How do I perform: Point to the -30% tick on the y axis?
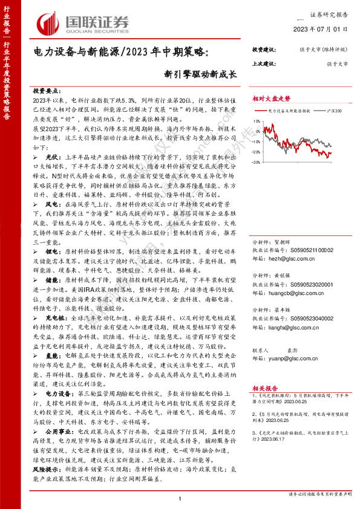click(x=257, y=162)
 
